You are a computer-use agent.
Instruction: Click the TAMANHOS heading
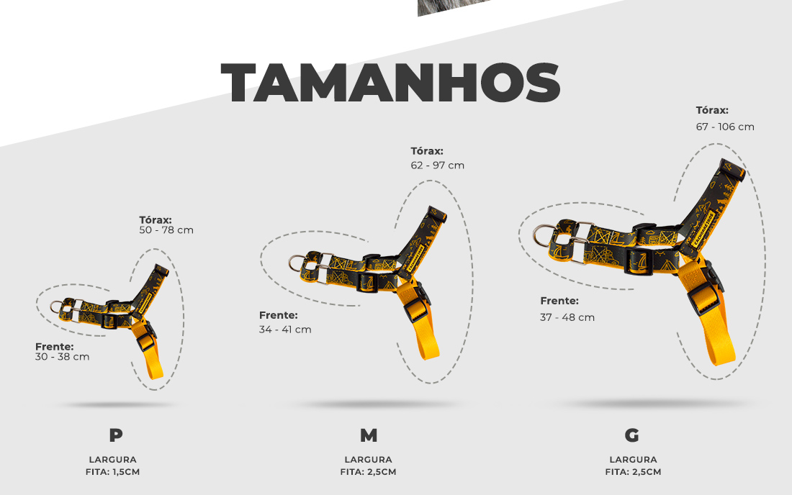[x=390, y=83]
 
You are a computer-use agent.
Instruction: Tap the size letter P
[x=116, y=435]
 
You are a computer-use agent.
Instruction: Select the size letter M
[x=369, y=435]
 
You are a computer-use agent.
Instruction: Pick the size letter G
[x=632, y=435]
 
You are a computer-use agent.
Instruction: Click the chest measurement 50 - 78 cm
[x=166, y=230]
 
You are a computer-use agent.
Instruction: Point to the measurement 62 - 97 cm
[x=438, y=165]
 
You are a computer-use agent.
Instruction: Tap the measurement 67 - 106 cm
[x=725, y=127]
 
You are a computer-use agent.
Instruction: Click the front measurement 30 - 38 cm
[x=62, y=357]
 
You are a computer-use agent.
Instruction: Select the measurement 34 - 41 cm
[x=285, y=330]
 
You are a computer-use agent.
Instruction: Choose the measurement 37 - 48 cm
[x=567, y=317]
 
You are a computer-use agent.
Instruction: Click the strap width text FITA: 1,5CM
[x=112, y=472]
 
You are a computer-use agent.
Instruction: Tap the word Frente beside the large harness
[x=559, y=301]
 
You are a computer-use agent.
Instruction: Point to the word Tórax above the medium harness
[x=427, y=151]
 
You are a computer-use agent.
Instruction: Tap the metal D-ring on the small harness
[x=53, y=306]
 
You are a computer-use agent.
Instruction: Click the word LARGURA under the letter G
[x=633, y=460]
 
